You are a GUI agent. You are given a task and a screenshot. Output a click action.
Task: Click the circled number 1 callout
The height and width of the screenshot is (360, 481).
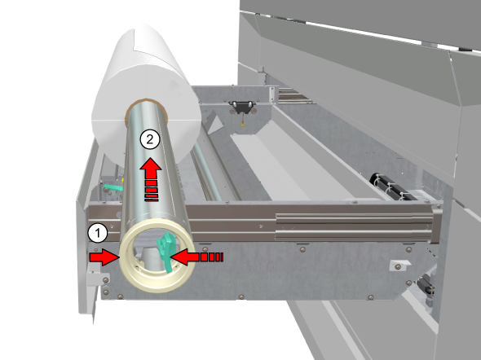coord(98,234)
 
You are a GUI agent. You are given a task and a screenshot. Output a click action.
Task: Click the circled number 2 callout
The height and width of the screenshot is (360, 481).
coord(150,140)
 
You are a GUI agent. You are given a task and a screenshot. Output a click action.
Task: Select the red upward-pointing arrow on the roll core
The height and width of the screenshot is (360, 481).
coord(151,179)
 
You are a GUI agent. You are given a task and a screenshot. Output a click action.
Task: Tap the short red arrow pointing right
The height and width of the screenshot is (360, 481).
coord(104,257)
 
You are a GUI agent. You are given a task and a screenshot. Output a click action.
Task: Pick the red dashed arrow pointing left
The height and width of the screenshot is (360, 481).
coord(196,257)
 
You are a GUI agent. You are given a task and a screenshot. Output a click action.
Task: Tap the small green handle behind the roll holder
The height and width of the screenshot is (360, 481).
coord(112,187)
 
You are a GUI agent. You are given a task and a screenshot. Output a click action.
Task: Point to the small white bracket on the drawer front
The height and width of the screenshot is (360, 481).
coord(399,265)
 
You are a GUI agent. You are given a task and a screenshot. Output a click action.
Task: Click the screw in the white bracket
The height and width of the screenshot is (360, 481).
coord(398,267)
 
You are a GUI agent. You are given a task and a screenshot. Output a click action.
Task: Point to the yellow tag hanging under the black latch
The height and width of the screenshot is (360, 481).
coord(242,125)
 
